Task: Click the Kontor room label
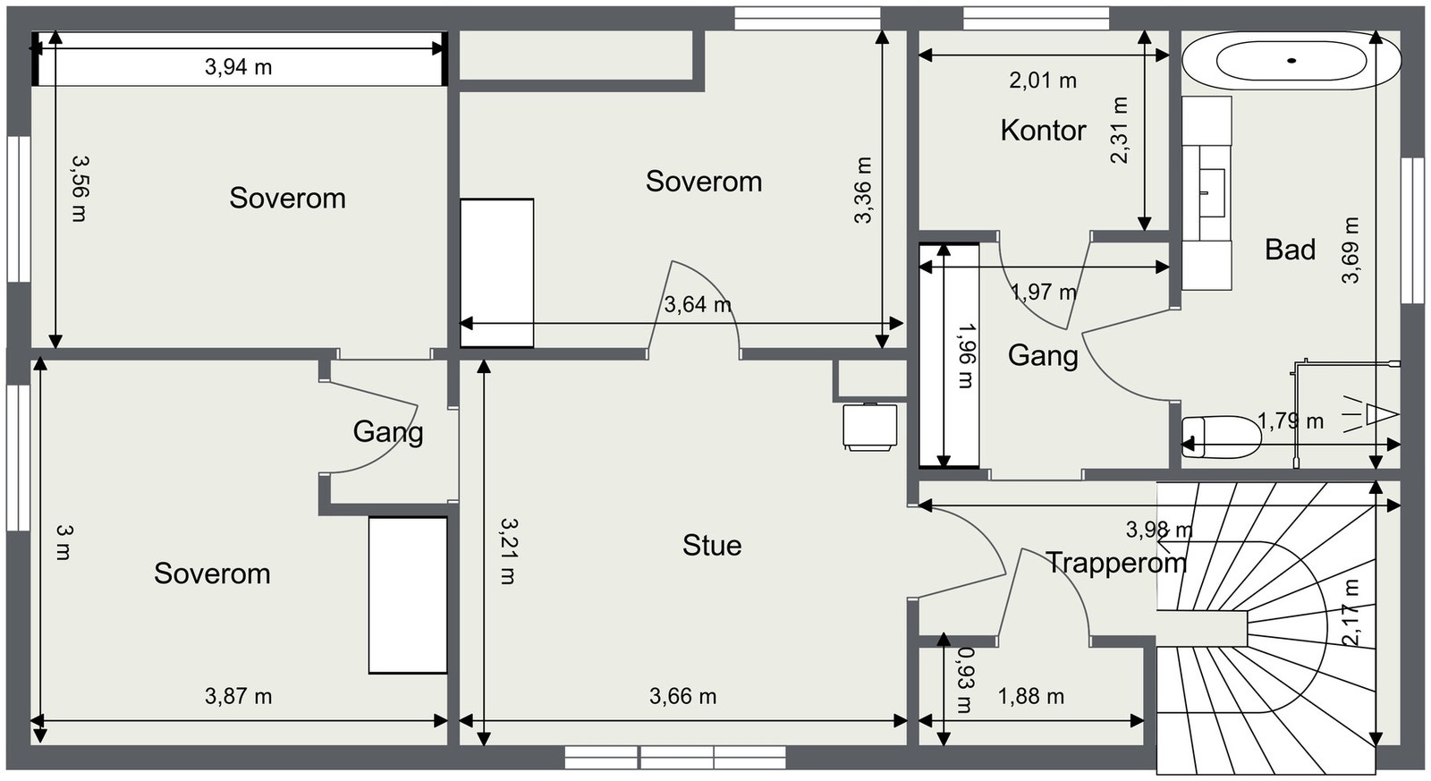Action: coord(1043,131)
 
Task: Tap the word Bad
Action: coord(1290,250)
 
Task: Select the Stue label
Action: coord(712,546)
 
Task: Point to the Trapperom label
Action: coord(1116,563)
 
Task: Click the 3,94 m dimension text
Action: coord(238,66)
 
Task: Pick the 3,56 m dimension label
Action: coord(80,189)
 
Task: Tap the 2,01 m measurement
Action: coord(1043,81)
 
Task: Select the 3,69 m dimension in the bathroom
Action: coord(1351,250)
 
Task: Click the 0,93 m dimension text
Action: coord(964,680)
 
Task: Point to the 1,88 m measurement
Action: coord(1031,696)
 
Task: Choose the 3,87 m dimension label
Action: coord(238,696)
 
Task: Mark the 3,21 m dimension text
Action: coord(508,551)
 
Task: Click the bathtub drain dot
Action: coord(1291,61)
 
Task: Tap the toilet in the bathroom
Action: coord(1221,437)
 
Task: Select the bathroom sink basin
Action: coord(1212,192)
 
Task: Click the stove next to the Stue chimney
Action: coord(870,427)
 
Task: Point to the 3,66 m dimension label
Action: coord(683,696)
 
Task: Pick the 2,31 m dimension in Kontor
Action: coord(1119,131)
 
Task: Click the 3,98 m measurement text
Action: coord(1159,530)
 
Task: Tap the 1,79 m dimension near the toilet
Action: coord(1291,420)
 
